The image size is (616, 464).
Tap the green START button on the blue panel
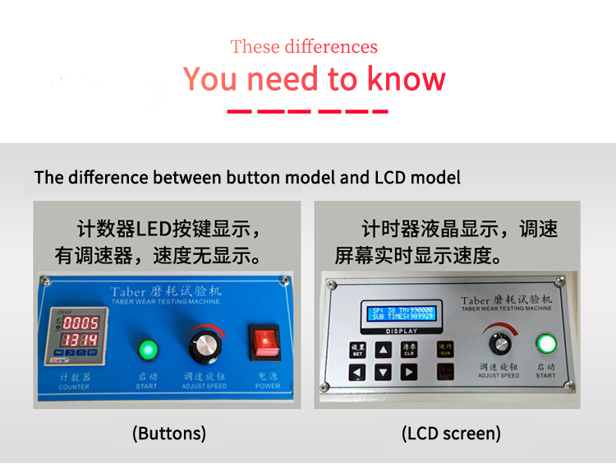pos(147,349)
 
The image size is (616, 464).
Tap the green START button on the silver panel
pos(545,343)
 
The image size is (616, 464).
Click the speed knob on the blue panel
pos(204,345)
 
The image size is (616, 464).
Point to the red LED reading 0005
pos(81,322)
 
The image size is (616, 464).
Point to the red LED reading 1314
pos(81,340)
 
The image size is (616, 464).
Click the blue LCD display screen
pos(402,313)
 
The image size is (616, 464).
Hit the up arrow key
pos(384,350)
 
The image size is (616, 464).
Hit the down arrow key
pos(384,373)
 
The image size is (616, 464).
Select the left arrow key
pos(357,373)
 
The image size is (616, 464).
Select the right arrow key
pos(409,373)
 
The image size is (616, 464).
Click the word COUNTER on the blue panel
pos(74,386)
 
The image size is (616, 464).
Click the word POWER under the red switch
pos(267,385)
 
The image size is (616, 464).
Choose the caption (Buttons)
pos(169,434)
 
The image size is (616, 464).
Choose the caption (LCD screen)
pos(451,434)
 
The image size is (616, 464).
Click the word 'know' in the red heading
pos(406,79)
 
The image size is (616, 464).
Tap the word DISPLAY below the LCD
pos(402,331)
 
